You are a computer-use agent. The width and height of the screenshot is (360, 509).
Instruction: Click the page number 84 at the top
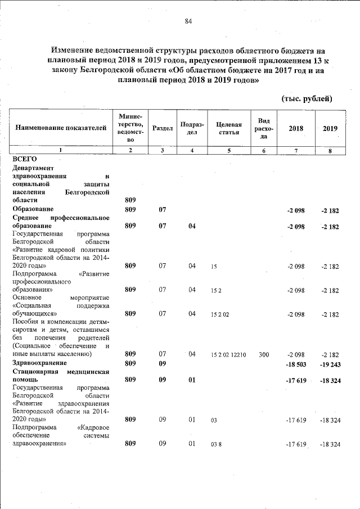click(x=188, y=21)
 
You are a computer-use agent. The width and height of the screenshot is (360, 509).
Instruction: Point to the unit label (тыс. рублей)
click(x=307, y=99)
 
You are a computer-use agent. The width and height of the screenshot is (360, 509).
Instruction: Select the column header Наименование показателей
click(x=61, y=128)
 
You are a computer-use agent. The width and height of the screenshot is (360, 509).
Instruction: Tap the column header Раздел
click(x=162, y=128)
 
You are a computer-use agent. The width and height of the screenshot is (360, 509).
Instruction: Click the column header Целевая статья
click(x=229, y=128)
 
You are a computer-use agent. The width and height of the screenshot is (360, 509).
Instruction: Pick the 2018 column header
click(x=296, y=128)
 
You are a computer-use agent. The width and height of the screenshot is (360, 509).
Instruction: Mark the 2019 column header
click(x=330, y=128)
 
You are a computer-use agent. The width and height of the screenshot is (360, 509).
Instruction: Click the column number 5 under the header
click(x=229, y=150)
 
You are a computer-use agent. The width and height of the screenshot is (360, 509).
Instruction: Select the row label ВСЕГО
click(x=24, y=159)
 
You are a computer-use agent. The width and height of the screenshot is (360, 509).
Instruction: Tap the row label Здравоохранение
click(x=39, y=363)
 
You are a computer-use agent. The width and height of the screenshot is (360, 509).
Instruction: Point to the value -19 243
click(x=330, y=364)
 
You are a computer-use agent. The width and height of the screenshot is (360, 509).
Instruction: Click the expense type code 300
click(x=264, y=355)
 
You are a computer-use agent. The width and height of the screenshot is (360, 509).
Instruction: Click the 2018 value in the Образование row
click(x=296, y=210)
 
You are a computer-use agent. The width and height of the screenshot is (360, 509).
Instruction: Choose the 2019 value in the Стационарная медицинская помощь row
click(x=330, y=381)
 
